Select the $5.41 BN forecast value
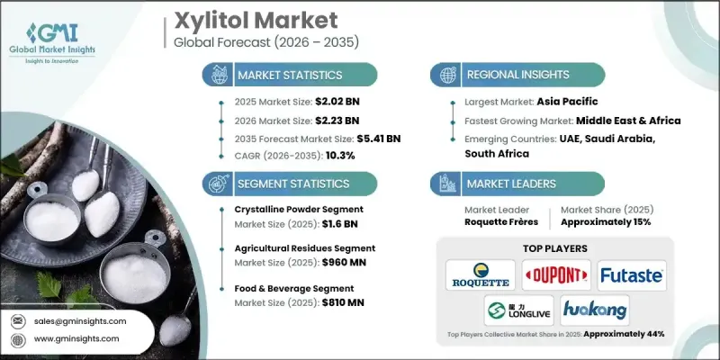tap(376, 139)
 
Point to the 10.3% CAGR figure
tap(340, 157)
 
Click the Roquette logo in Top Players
tap(481, 274)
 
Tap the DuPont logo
tap(555, 274)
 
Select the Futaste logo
tap(631, 274)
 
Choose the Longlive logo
tap(517, 309)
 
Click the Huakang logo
tap(594, 309)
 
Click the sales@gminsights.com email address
tap(80, 321)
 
